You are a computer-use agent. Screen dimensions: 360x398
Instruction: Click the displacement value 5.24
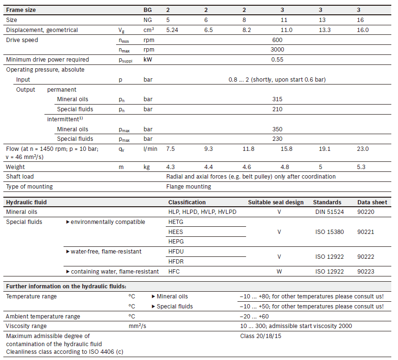click(x=172, y=30)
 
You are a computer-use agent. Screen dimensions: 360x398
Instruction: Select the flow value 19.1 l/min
click(x=325, y=149)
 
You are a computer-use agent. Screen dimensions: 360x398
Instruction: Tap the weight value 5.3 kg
click(x=361, y=167)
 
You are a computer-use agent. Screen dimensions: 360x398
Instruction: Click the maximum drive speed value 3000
click(x=277, y=50)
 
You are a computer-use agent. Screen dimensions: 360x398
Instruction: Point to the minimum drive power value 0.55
click(x=277, y=60)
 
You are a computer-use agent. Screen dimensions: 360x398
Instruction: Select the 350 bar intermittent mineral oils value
click(x=277, y=129)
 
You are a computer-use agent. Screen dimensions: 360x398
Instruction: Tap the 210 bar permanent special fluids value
click(x=277, y=109)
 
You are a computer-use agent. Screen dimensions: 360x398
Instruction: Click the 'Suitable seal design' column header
click(x=276, y=202)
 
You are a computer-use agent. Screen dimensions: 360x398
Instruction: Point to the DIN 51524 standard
click(x=330, y=212)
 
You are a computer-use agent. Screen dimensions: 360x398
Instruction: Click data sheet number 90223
click(x=366, y=272)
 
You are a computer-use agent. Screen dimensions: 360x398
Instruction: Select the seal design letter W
click(x=279, y=272)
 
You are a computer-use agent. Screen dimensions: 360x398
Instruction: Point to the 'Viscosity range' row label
click(x=26, y=326)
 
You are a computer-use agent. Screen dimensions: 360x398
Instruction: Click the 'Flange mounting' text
click(x=189, y=187)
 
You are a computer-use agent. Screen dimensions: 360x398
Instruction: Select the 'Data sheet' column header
click(x=372, y=202)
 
